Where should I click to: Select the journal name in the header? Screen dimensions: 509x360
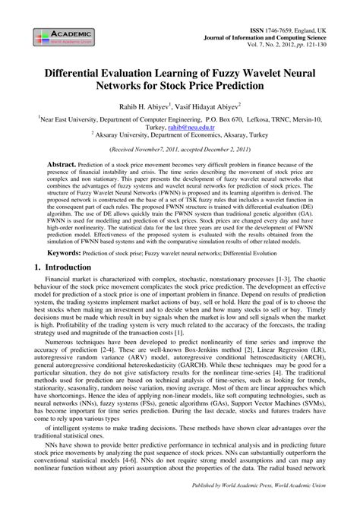click(265, 35)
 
